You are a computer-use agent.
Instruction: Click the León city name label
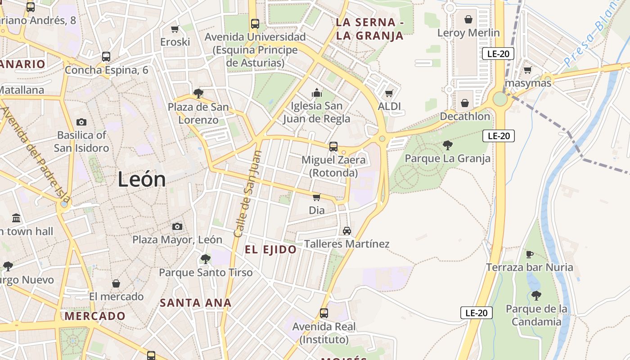point(142,180)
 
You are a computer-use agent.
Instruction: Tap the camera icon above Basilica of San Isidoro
point(81,122)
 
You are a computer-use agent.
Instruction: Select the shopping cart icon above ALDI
point(389,94)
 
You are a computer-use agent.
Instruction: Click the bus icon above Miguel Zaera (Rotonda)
point(333,147)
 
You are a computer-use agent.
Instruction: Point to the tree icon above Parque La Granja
point(447,145)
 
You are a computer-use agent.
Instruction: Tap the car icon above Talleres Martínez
point(346,231)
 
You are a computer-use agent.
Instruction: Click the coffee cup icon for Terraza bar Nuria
point(530,254)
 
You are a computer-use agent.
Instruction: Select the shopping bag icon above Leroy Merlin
point(468,19)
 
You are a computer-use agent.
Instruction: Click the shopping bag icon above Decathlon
point(465,103)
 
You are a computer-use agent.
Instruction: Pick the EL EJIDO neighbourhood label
point(271,250)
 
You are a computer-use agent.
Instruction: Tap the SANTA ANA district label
point(196,303)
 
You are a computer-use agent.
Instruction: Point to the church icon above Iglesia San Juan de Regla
point(317,93)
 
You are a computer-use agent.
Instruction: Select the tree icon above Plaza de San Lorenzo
point(198,94)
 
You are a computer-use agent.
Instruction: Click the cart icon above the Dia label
point(317,197)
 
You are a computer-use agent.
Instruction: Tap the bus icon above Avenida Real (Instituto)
point(324,313)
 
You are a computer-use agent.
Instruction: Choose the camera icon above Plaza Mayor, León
point(177,226)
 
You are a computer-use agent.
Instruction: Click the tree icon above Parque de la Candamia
point(536,296)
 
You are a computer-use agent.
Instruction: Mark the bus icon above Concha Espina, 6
point(106,57)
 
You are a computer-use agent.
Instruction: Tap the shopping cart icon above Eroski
point(175,29)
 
